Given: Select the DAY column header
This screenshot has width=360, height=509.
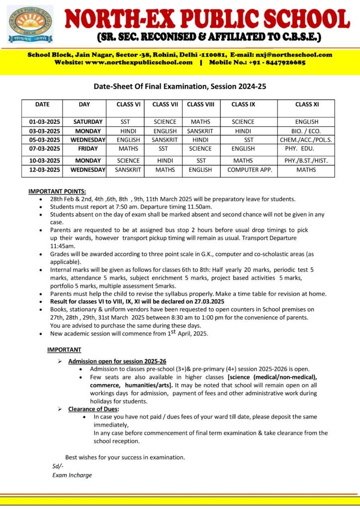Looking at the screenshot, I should pyautogui.click(x=84, y=104).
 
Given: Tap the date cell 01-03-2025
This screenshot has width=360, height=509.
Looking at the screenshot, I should pyautogui.click(x=42, y=122).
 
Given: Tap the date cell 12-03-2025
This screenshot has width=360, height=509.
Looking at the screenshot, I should pyautogui.click(x=42, y=170).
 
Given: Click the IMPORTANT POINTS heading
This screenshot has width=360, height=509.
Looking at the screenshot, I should pyautogui.click(x=57, y=191).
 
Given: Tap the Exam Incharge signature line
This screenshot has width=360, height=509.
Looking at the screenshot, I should pyautogui.click(x=72, y=475).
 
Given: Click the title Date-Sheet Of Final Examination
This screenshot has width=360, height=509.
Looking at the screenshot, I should pyautogui.click(x=180, y=86).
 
